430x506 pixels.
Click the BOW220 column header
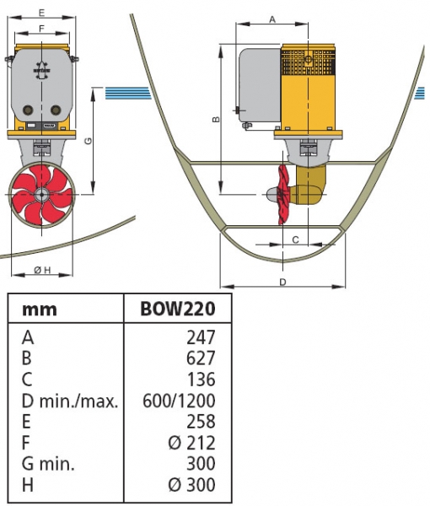178,309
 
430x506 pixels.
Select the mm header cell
40,310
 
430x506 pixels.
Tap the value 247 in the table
201,337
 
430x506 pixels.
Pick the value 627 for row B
201,358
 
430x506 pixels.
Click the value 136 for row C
202,379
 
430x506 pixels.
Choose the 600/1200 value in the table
179,401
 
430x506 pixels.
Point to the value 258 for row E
201,422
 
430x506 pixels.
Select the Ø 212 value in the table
191,443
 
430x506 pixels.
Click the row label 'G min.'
48,463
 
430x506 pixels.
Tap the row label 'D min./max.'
70,401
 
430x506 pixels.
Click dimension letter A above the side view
272,19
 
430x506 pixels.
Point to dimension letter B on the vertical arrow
216,119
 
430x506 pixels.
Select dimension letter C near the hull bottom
295,240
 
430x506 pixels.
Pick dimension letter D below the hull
282,282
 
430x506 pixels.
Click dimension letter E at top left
41,13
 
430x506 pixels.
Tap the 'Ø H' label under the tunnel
43,270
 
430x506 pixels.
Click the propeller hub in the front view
41,195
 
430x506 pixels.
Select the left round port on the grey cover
28,110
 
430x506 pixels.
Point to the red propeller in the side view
283,195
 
